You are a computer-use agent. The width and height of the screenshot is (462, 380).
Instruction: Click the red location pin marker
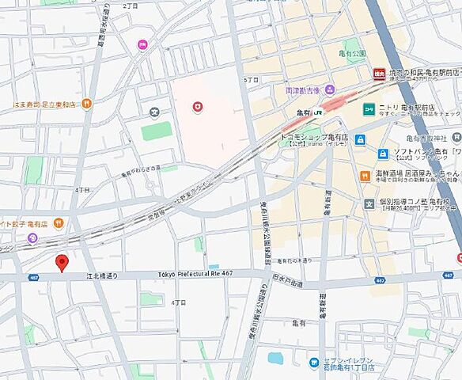[x=61, y=264]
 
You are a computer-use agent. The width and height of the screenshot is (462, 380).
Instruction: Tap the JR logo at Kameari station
[x=318, y=113]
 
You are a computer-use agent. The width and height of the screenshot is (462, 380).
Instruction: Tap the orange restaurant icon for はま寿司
[x=87, y=103]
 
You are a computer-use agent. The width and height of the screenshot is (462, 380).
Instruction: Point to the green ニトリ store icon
[x=369, y=108]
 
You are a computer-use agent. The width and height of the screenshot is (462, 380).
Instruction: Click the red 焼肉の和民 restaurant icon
[x=379, y=74]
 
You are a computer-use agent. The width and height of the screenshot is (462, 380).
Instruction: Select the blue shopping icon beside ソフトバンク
[x=383, y=154]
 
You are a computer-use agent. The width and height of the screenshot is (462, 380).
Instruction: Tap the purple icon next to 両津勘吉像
[x=330, y=89]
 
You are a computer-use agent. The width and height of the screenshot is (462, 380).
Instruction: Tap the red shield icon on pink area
[x=197, y=106]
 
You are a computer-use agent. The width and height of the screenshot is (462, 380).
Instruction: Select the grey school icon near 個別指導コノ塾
[x=369, y=204]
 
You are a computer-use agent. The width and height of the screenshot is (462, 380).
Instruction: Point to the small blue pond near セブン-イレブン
[x=275, y=358]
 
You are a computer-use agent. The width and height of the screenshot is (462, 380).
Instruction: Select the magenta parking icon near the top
[x=142, y=45]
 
